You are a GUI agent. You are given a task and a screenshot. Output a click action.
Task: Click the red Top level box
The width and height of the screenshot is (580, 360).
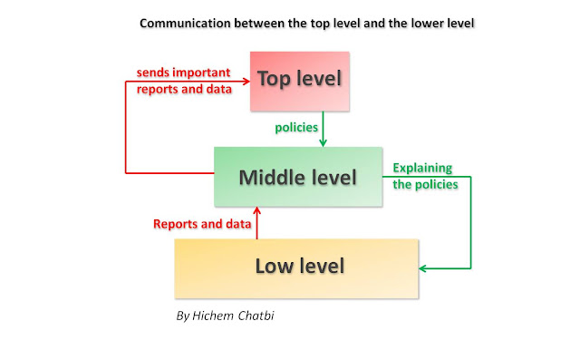coord(300,78)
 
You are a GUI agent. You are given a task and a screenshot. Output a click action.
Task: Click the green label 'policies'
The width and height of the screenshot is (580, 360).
coord(296,128)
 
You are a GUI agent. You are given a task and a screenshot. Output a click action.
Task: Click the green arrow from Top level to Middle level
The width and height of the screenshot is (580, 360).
coord(324,127)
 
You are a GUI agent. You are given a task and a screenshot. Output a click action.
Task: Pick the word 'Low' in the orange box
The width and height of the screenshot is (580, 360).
coord(273,268)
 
